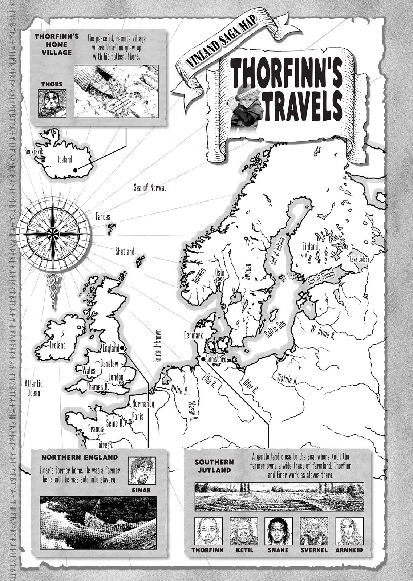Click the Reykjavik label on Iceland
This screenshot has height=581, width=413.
click(x=34, y=151)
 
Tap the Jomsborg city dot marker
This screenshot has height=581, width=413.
click(x=203, y=359)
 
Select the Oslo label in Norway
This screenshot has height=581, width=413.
click(x=220, y=272)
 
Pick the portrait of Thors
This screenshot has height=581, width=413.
click(x=52, y=103)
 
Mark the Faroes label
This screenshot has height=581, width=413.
click(x=103, y=217)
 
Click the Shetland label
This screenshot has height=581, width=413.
click(x=125, y=251)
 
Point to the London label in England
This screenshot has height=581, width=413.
click(x=116, y=378)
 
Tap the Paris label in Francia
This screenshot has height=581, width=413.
click(x=138, y=416)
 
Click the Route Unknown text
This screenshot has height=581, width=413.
click(x=158, y=346)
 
